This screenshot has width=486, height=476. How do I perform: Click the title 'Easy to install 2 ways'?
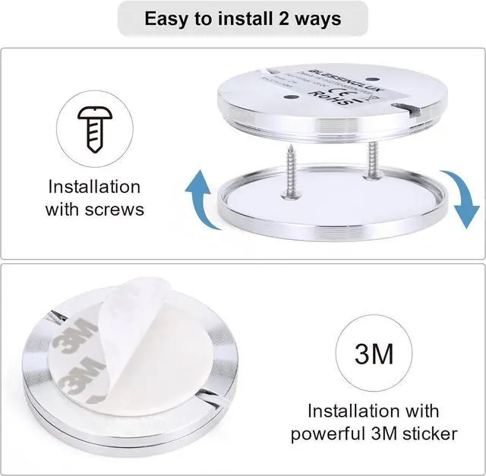242,19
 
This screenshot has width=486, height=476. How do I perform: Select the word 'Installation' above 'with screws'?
94,187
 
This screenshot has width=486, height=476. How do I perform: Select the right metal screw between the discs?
373,159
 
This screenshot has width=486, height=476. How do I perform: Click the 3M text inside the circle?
373,352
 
